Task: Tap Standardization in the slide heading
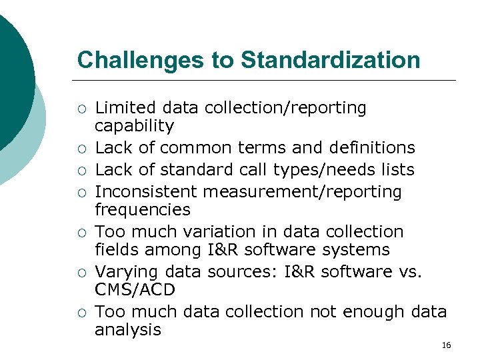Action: (331, 60)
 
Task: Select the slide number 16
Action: (447, 345)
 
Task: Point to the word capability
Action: (134, 126)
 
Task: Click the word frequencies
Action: (143, 210)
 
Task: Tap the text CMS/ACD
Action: (135, 290)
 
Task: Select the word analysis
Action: (128, 330)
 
